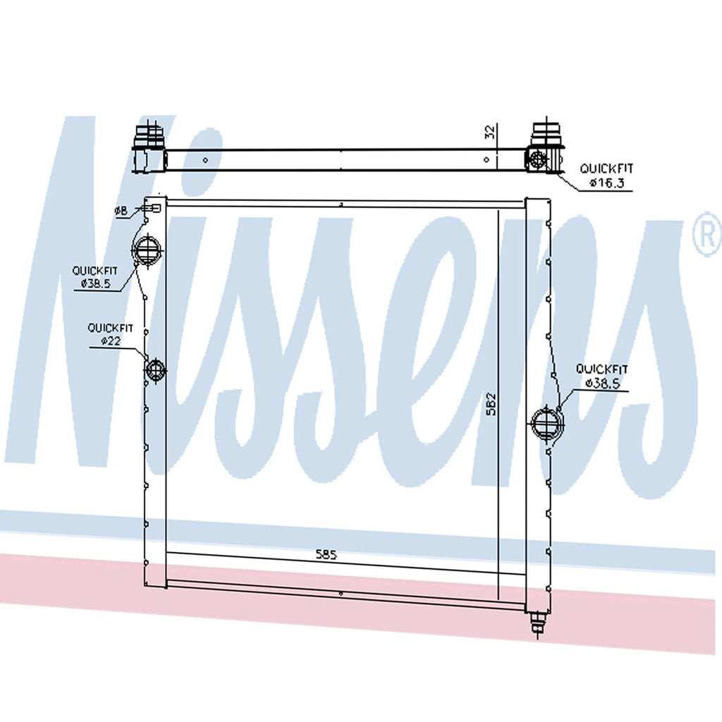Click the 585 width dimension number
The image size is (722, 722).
coord(326,554)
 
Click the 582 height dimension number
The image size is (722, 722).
coord(491,404)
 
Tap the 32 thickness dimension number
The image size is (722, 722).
coord(491,132)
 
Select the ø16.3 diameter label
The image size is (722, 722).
coord(607,183)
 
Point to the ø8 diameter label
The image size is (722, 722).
coord(121,211)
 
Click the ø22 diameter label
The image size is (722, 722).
coord(111,341)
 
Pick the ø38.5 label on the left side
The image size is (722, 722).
coord(96,283)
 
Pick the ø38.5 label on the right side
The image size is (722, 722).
coord(603,382)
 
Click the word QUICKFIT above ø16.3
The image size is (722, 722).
coord(606,169)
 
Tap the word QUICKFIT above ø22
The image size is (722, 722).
coord(111,328)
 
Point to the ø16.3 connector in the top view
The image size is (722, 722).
coord(537,159)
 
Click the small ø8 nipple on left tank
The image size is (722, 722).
coord(152,209)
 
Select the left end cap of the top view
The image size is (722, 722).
coord(148,147)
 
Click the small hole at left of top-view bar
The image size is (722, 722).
coord(205,160)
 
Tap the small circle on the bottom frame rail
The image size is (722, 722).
coord(341,594)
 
